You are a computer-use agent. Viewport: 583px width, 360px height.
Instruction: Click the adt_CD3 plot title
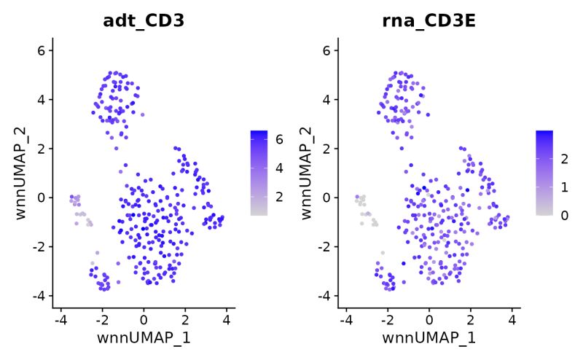point(143,20)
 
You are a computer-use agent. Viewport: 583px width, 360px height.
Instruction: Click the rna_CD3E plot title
point(429,20)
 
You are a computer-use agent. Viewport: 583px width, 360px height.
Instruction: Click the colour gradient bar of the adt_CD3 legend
point(260,173)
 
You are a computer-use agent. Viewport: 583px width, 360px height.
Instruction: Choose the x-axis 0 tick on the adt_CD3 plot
point(144,319)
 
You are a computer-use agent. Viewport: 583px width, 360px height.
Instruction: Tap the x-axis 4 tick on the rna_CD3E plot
point(512,319)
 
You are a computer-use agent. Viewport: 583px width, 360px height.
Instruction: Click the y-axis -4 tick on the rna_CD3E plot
point(325,296)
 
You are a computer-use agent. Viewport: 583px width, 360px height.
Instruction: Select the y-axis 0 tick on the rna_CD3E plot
point(328,197)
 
